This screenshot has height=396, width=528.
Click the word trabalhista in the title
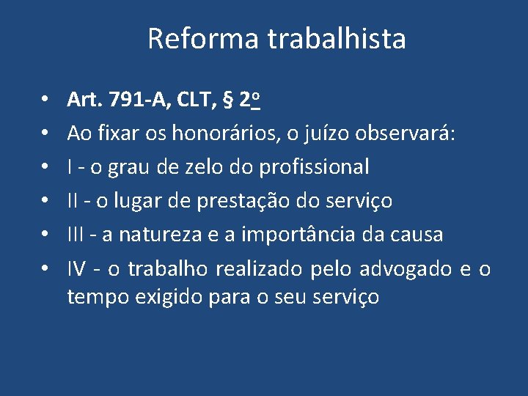(337, 39)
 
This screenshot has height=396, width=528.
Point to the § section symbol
(227, 99)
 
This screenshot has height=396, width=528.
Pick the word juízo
(325, 133)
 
